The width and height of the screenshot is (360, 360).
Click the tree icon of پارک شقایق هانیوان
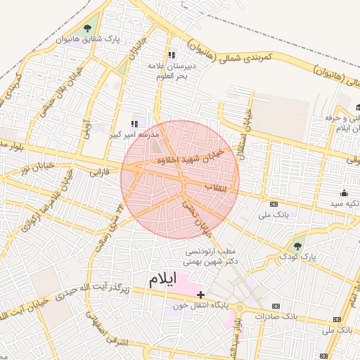tap(86, 28)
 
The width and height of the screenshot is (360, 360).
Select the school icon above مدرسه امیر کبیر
tap(134, 124)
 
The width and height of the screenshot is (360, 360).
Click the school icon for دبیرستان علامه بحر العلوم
tap(171, 56)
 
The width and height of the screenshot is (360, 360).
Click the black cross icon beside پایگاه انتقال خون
tap(201, 294)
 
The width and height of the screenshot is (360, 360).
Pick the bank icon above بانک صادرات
tap(275, 306)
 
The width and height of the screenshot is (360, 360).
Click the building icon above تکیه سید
tap(344, 193)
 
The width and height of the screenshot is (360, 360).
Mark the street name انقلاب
tap(217, 188)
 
